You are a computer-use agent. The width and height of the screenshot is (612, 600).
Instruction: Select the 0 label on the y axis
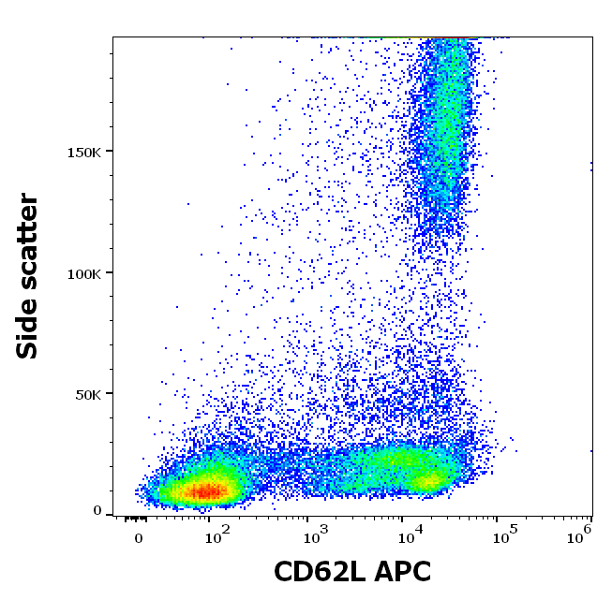(97, 510)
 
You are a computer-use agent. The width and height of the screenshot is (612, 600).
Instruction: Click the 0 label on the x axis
(139, 538)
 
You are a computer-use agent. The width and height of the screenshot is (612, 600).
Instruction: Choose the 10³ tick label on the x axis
(316, 535)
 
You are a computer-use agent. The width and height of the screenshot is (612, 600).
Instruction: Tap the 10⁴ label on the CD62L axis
(410, 535)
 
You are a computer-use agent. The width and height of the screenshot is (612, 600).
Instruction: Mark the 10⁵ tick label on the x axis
(506, 535)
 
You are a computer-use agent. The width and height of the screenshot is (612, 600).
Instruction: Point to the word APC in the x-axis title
(404, 572)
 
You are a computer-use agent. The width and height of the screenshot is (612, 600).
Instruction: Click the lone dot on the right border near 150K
(591, 166)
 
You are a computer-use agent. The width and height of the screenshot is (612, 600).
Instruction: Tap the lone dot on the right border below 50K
(591, 450)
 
